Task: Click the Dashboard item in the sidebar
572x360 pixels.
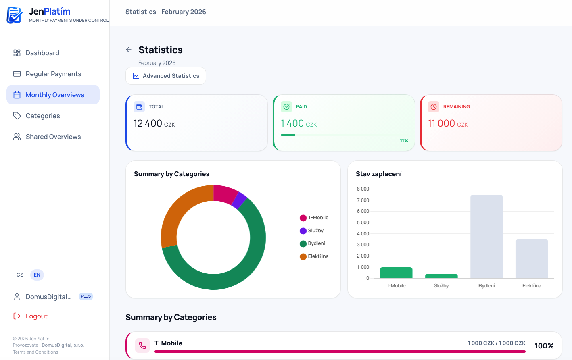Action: point(42,53)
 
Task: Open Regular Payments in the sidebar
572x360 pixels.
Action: point(53,74)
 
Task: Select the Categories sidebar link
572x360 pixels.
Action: point(42,116)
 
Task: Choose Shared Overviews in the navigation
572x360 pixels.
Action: point(53,137)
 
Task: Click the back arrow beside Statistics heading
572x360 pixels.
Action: point(129,50)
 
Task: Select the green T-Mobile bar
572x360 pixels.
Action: point(396,273)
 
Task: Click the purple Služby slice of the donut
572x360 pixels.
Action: point(240,200)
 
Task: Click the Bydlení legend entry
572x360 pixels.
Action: point(316,243)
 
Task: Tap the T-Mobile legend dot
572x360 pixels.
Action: point(303,218)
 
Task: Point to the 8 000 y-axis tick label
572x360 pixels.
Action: point(363,189)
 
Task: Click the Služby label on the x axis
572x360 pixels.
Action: point(441,286)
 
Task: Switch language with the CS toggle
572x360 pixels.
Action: point(20,275)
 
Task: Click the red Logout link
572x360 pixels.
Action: point(36,316)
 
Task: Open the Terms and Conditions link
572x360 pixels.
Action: point(35,352)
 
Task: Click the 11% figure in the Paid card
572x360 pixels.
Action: point(404,141)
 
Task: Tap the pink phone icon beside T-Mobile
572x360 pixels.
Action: point(142,345)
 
